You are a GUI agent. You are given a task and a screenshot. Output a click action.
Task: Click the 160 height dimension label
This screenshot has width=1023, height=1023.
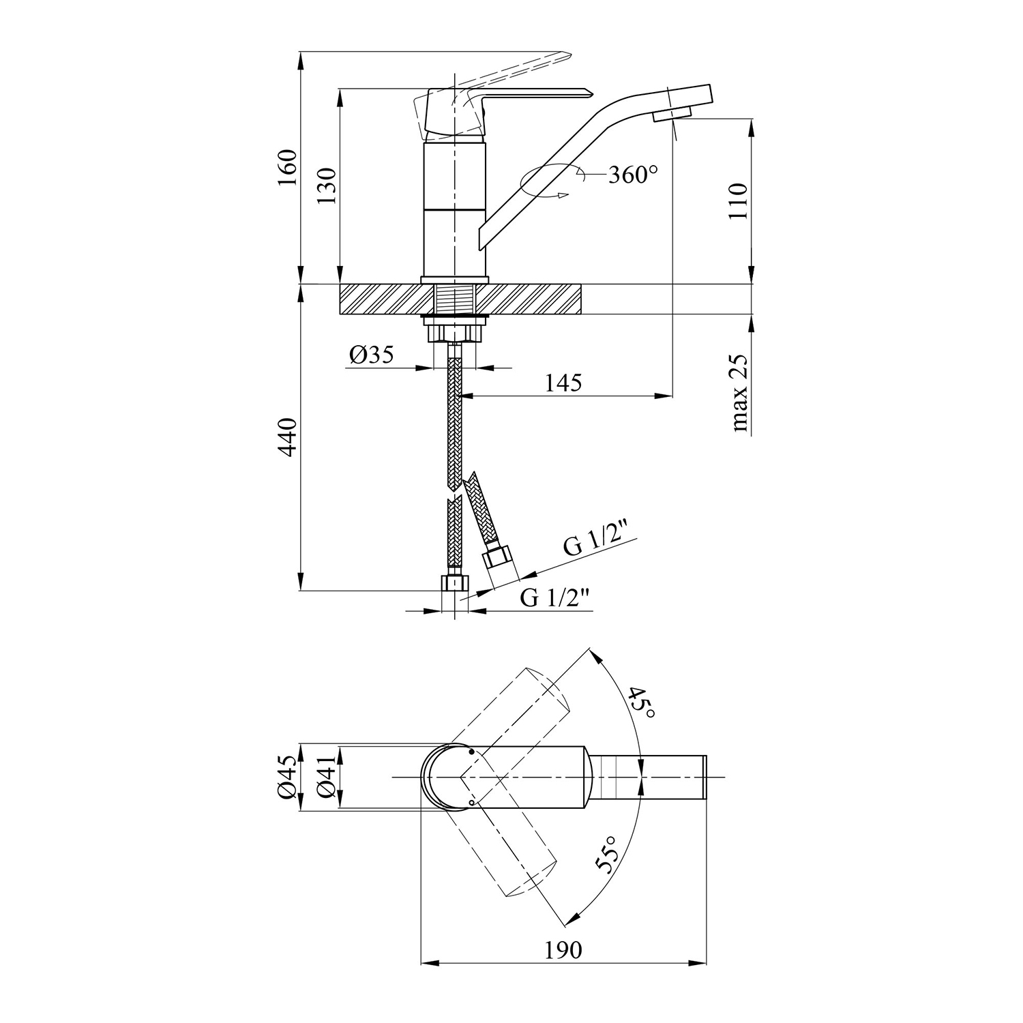click(288, 167)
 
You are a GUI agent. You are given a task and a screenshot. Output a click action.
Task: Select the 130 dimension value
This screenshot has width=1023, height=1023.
click(327, 186)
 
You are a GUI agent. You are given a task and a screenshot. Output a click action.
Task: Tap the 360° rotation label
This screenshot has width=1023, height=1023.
click(633, 175)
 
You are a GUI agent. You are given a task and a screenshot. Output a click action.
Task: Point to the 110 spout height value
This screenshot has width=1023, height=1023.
click(738, 201)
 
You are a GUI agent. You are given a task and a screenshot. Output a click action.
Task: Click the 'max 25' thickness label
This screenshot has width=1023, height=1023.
click(739, 394)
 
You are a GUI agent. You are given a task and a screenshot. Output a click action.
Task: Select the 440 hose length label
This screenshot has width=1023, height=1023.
click(288, 437)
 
